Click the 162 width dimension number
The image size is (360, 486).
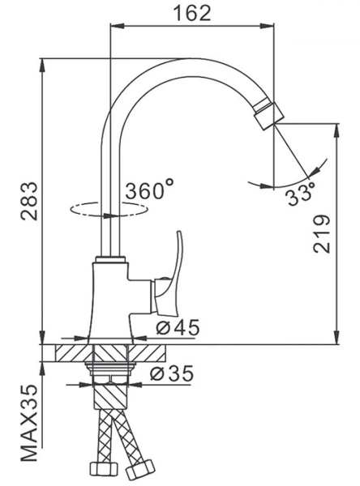click(x=191, y=13)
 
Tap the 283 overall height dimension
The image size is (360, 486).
click(x=29, y=201)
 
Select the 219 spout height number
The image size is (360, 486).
click(x=322, y=233)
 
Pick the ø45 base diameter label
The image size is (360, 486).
click(x=178, y=327)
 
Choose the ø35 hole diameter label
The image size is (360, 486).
click(x=172, y=373)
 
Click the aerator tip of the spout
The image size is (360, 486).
click(x=268, y=114)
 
